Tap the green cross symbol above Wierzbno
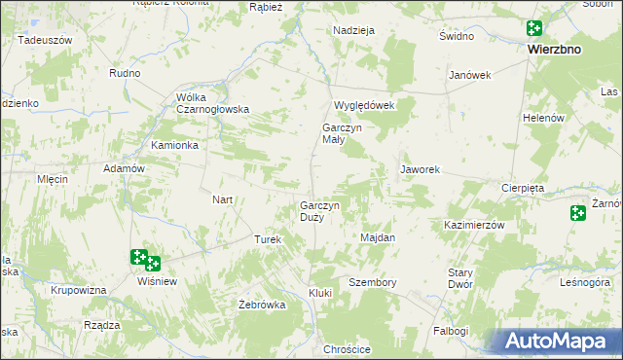tap(534, 29)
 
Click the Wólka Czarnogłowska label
tap(213, 103)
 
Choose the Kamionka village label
tap(175, 145)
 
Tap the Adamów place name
tap(124, 168)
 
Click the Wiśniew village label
tap(157, 280)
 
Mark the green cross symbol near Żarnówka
tap(578, 213)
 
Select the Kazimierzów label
tap(474, 225)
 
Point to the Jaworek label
tap(421, 169)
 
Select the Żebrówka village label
tap(262, 305)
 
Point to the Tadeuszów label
tap(45, 40)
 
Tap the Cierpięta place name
tap(523, 187)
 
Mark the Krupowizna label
tap(79, 291)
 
